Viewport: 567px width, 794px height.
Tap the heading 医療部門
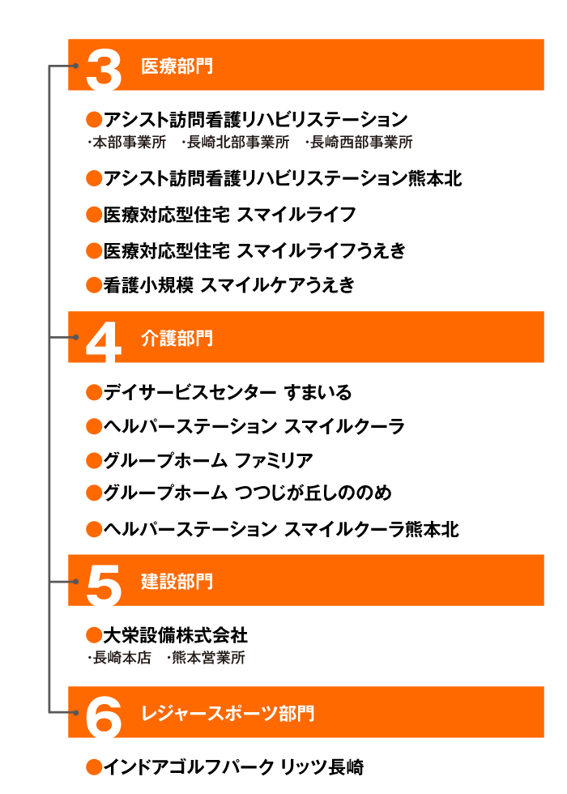[177, 66]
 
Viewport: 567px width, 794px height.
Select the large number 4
[104, 342]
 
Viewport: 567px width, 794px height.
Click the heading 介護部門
[177, 339]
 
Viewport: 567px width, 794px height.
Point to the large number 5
[104, 585]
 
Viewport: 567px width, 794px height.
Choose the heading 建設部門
[177, 582]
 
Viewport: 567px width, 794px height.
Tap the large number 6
[104, 717]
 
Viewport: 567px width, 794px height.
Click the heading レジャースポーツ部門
[228, 713]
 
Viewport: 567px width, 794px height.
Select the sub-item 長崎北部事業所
[238, 143]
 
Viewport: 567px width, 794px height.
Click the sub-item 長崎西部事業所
[361, 143]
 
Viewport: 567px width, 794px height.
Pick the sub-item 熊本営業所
[208, 657]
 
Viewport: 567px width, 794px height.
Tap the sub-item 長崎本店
[122, 657]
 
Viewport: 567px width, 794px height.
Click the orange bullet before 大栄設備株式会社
[94, 635]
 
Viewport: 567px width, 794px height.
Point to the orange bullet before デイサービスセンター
[94, 392]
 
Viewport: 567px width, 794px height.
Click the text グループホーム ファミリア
[208, 460]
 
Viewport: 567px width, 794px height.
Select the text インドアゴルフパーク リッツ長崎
[233, 767]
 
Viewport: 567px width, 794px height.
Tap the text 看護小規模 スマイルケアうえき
[228, 285]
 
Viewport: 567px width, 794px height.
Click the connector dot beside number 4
[75, 337]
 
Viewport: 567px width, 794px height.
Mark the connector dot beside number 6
[75, 712]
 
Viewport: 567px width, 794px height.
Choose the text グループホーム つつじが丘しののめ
[248, 493]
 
